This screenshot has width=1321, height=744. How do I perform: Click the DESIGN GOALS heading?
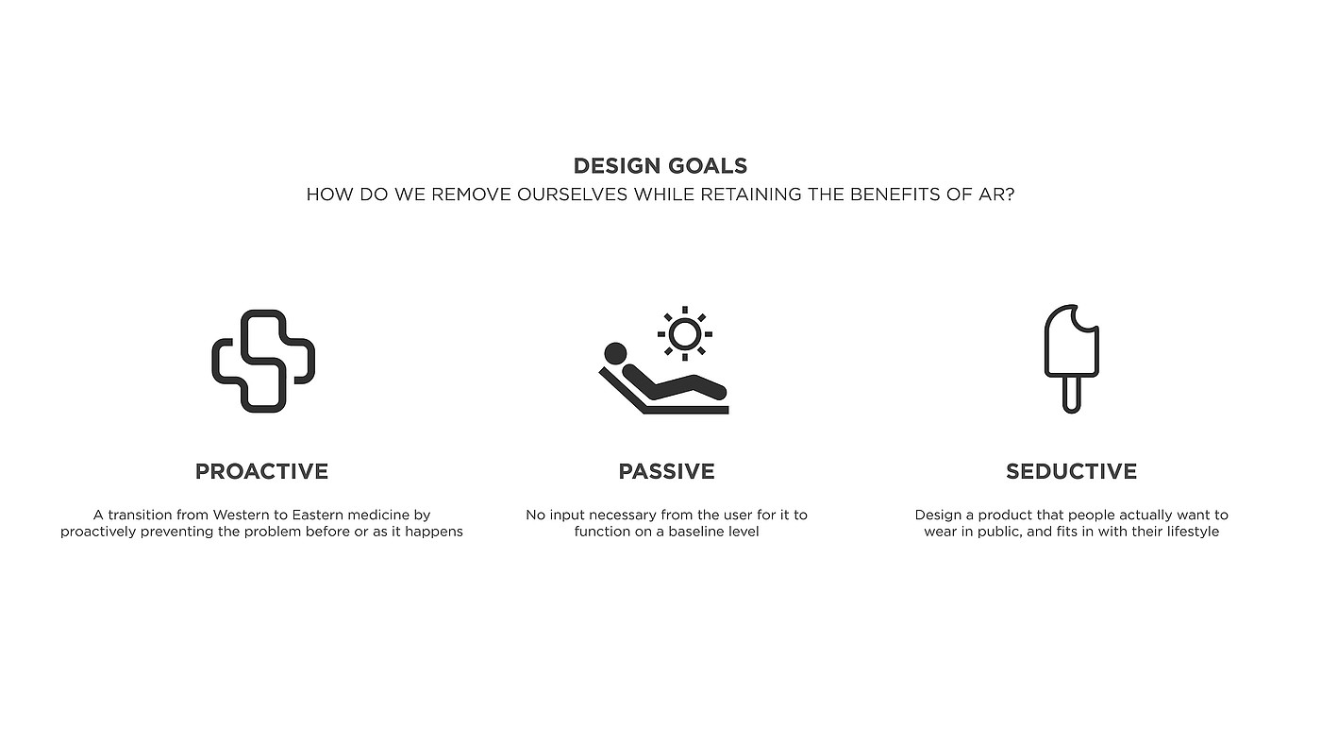click(660, 166)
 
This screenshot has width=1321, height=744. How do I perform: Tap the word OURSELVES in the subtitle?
click(572, 194)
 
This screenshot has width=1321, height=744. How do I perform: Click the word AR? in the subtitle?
click(996, 194)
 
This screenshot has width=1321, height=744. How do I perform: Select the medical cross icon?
click(263, 361)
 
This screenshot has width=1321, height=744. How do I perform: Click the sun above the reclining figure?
click(685, 333)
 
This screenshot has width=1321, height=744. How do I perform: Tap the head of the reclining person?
click(615, 353)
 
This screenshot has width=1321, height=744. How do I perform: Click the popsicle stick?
click(1072, 395)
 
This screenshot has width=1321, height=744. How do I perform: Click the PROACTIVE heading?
click(262, 471)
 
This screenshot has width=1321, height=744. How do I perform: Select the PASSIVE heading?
click(666, 471)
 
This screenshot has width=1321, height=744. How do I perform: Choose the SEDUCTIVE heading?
click(1072, 471)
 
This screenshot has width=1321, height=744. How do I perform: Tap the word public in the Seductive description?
click(999, 533)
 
